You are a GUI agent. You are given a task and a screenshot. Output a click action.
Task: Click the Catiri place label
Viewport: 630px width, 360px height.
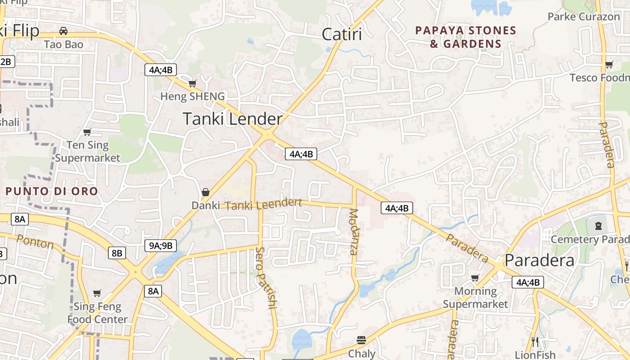tap(342, 34)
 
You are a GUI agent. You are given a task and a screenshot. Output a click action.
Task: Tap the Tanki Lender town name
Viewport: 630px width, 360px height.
tap(233, 119)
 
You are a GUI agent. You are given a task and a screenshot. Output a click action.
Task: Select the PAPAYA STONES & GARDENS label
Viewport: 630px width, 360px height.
tap(466, 37)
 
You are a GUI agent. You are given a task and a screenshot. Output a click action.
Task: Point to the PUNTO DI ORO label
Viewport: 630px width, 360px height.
tap(51, 191)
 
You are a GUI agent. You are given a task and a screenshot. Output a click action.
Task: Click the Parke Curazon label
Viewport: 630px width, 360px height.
tap(584, 17)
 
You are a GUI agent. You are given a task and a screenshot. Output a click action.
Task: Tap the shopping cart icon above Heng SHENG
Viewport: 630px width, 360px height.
tap(193, 83)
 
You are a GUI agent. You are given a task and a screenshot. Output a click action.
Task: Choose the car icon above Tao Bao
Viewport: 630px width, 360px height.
tap(63, 31)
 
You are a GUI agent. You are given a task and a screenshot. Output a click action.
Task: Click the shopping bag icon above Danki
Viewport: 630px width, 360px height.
tap(206, 192)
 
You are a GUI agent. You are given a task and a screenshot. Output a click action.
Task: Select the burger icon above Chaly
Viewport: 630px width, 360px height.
tap(361, 340)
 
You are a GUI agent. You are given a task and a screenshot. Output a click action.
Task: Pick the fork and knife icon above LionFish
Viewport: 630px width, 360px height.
tap(535, 342)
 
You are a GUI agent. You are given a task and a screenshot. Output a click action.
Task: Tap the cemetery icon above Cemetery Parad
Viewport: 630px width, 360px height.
tap(598, 225)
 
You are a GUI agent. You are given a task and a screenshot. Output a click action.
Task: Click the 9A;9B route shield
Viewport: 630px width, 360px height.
tap(160, 245)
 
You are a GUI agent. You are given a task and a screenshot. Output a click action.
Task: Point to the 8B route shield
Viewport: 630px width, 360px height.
tap(117, 253)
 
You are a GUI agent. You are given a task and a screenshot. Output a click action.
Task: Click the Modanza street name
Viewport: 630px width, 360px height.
tap(354, 232)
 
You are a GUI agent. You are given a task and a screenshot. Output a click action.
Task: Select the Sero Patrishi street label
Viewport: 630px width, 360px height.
tap(265, 278)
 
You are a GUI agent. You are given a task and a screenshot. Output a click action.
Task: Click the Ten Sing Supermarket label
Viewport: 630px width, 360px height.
tap(88, 151)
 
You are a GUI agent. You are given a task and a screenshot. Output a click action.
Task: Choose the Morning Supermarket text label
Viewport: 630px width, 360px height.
tap(475, 297)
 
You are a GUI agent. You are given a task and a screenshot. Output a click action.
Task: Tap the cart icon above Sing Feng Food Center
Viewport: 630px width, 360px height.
tap(97, 293)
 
